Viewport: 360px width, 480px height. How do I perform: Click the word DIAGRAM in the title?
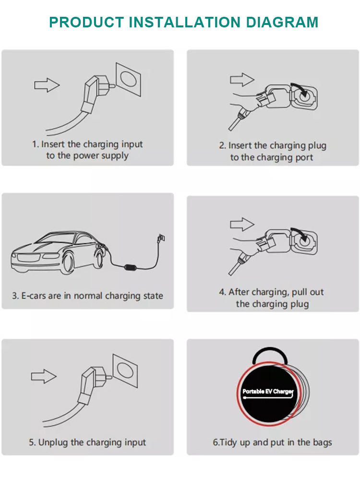282,22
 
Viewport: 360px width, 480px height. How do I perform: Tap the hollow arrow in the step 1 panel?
47,85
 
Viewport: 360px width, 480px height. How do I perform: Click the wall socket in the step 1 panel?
128,79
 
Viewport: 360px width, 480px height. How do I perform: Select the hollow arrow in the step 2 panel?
242,80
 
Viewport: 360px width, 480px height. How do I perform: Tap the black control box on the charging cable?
131,267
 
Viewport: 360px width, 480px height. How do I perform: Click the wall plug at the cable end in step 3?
161,238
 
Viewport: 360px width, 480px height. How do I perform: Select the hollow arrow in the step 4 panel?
242,224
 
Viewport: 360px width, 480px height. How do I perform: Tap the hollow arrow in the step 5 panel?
44,376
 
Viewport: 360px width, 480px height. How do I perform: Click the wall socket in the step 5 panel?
125,371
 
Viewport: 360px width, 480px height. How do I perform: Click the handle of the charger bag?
270,355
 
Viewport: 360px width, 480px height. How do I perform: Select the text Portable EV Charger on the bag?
268,391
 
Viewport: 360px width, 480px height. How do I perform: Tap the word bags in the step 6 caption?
322,443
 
